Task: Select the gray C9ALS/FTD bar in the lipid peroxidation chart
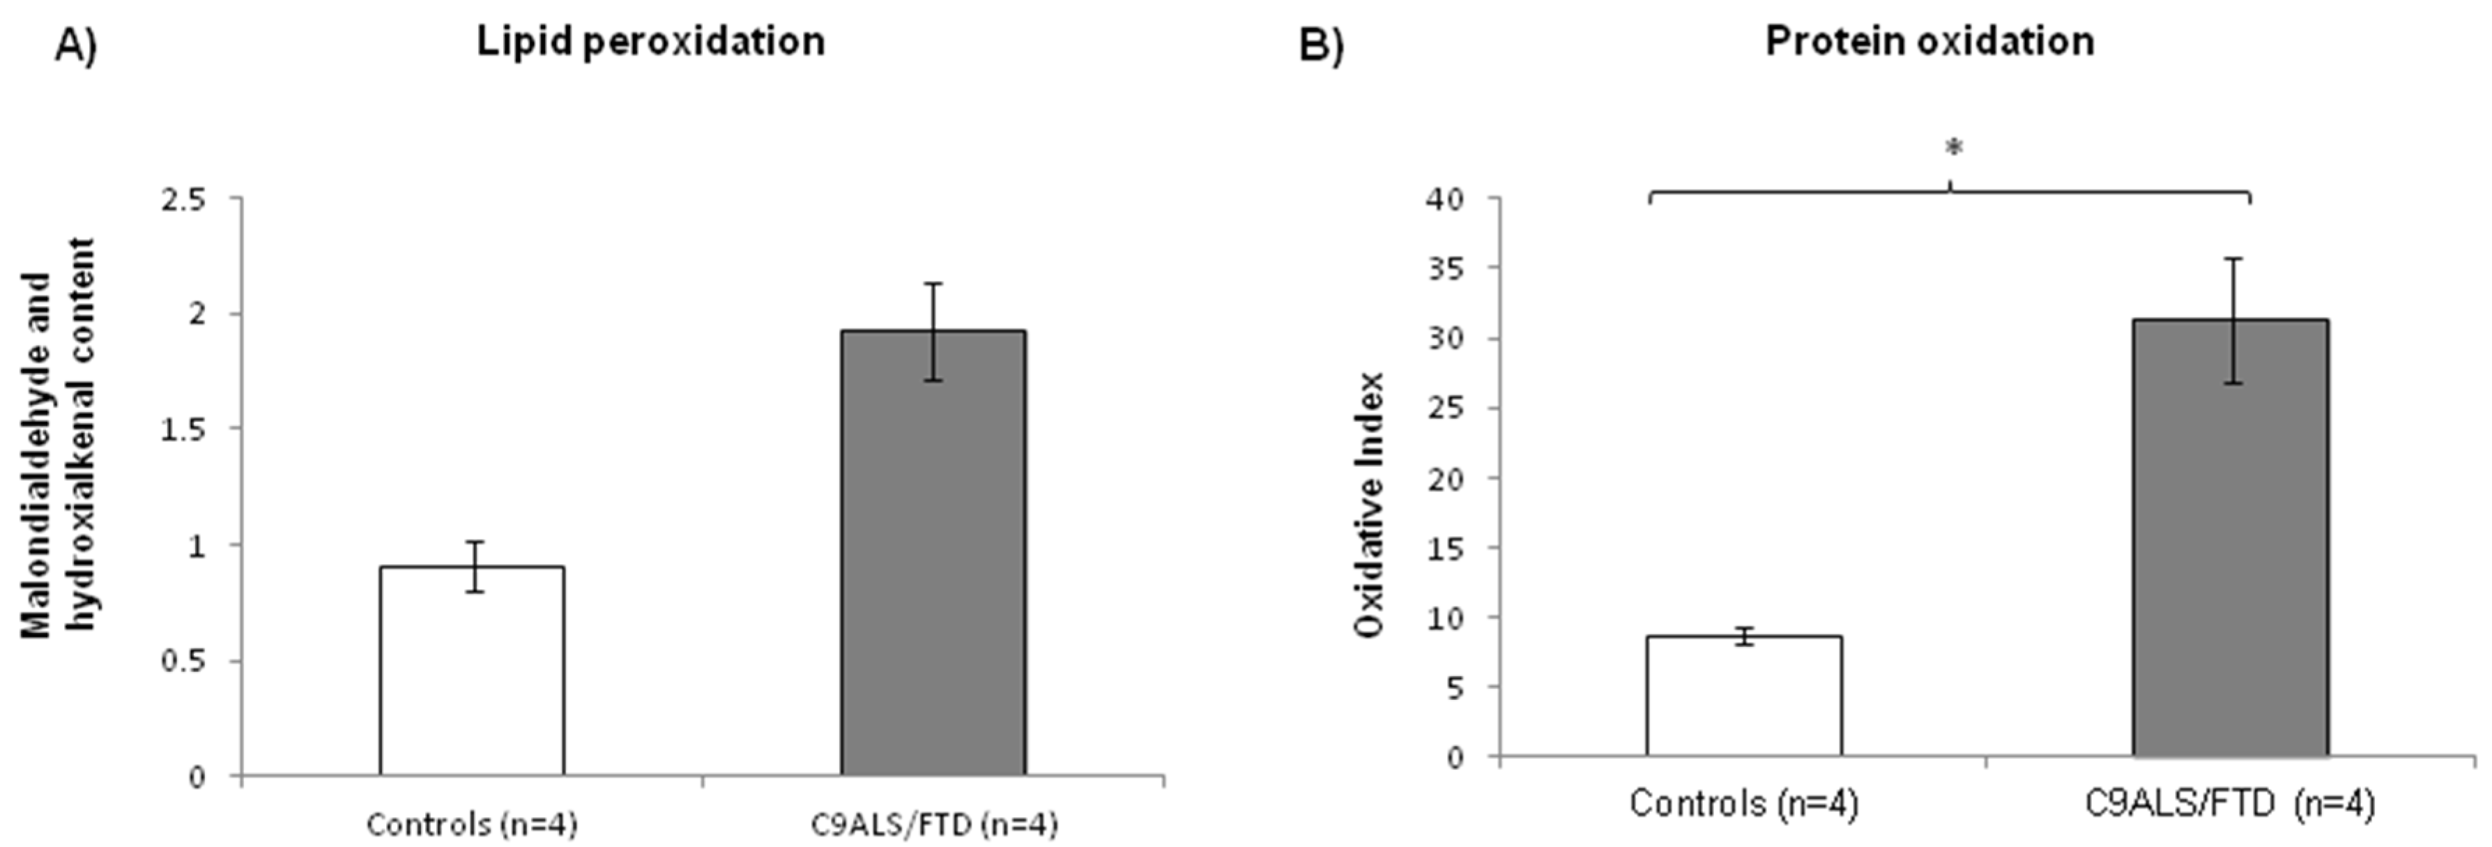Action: [933, 551]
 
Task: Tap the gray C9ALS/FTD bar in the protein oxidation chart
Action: [2230, 537]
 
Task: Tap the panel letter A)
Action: [75, 45]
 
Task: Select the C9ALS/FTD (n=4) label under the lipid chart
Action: [933, 824]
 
